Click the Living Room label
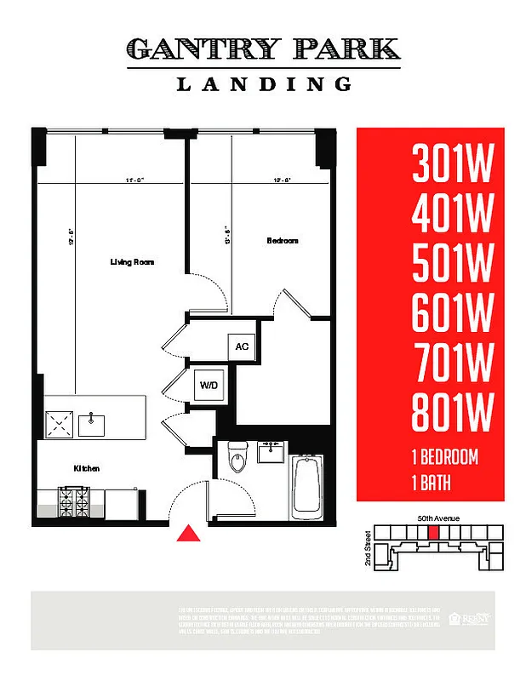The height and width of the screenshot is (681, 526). pyautogui.click(x=131, y=262)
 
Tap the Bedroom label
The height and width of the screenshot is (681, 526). pyautogui.click(x=283, y=241)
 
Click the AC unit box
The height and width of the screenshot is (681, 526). pyautogui.click(x=242, y=346)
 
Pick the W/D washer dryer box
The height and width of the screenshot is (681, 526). pyautogui.click(x=209, y=386)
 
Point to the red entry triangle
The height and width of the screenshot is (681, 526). pyautogui.click(x=188, y=534)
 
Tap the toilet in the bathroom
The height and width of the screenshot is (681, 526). pyautogui.click(x=238, y=460)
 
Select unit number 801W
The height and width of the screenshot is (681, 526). pyautogui.click(x=452, y=413)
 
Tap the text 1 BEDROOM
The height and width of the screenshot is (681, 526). pyautogui.click(x=444, y=457)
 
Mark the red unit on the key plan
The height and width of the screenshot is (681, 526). pyautogui.click(x=434, y=532)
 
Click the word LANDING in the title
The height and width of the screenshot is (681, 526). pyautogui.click(x=264, y=83)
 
